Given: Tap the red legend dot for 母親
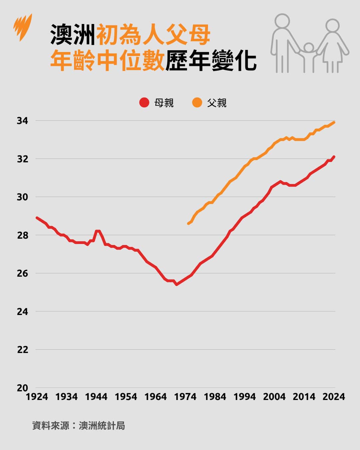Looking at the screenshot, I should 144,103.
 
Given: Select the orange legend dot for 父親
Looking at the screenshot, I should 197,103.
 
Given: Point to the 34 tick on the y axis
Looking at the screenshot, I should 22,121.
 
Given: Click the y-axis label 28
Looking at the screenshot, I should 22,235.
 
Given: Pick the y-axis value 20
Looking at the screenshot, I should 22,388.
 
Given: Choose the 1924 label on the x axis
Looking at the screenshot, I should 37,397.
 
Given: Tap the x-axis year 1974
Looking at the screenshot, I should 185,397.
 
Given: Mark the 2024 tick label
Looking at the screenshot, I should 334,397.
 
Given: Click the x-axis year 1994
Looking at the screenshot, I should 245,397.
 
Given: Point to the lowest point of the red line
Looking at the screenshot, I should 176,284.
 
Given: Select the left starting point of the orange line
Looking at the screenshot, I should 188,224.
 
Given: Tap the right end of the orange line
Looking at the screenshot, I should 334,122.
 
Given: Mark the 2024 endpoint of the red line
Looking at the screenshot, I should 334,157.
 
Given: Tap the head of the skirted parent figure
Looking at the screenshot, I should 332,25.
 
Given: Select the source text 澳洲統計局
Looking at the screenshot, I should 102,426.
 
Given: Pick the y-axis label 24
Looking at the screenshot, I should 22,312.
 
